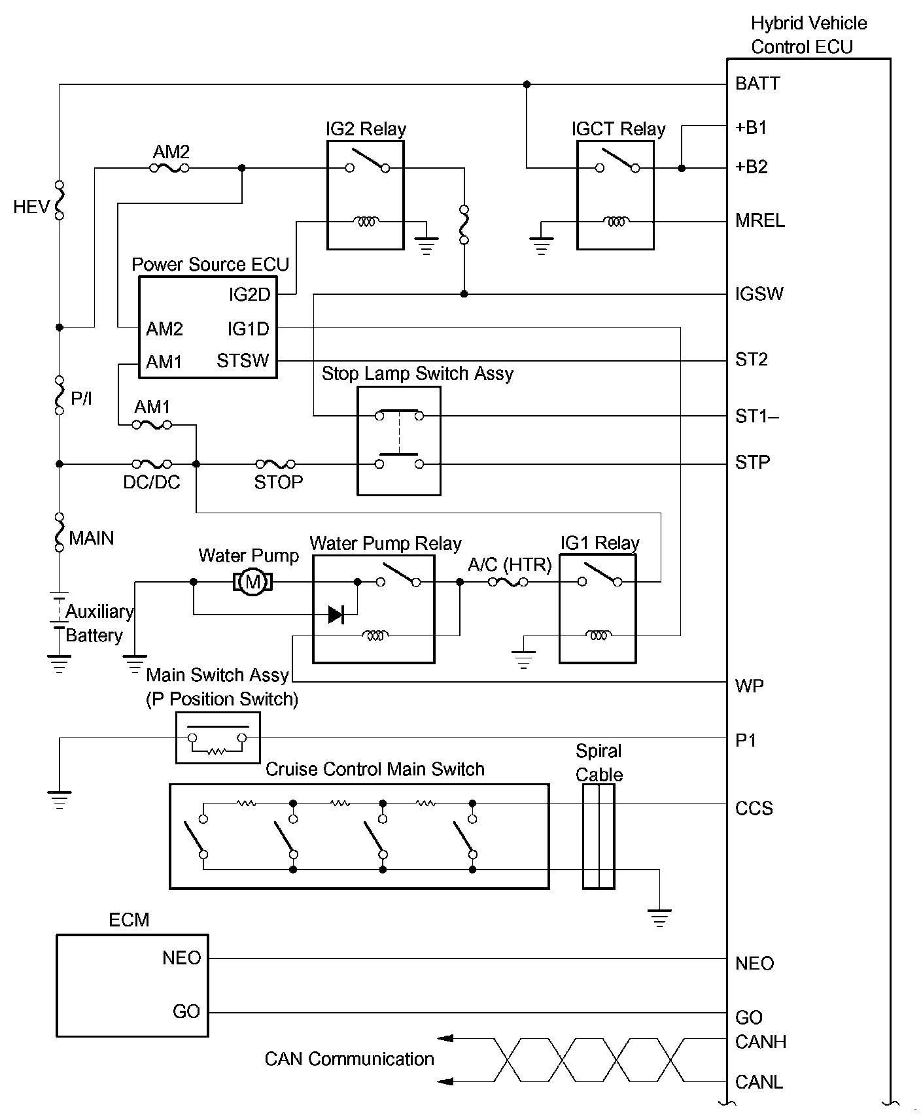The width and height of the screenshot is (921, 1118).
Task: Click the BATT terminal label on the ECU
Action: point(757,84)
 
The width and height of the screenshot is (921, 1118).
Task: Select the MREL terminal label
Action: point(759,220)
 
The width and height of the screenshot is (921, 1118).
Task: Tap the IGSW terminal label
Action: point(759,294)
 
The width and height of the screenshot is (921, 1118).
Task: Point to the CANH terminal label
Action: point(760,1042)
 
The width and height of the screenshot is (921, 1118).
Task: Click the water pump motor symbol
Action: point(252,582)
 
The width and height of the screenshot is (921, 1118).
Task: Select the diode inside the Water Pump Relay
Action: point(336,614)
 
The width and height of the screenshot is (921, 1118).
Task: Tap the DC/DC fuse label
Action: point(152,483)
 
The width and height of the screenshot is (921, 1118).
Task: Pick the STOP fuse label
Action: point(279,483)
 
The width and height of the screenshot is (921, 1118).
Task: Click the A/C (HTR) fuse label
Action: point(510,564)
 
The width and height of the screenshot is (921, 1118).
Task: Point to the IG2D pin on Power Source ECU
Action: point(249,295)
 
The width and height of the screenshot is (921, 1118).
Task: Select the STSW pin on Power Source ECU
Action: point(243,360)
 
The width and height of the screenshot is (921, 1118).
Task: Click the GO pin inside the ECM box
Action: point(186,1011)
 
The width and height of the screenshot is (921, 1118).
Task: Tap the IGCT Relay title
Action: point(618,129)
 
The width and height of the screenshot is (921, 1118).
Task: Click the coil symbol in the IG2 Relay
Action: point(366,222)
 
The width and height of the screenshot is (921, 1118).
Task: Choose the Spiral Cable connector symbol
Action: point(599,836)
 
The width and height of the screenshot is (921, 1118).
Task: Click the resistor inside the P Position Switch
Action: point(217,752)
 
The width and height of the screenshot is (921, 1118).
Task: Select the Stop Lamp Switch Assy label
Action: point(417,374)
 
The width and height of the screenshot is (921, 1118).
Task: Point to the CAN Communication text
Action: point(349,1059)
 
